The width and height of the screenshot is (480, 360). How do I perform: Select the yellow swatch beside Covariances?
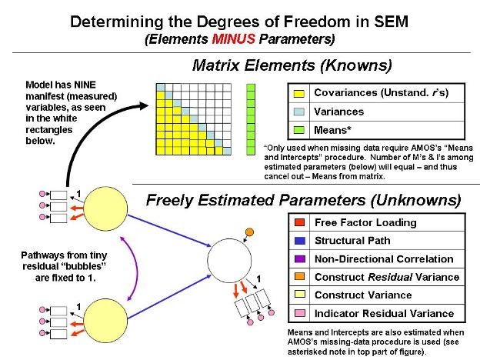tap(298, 93)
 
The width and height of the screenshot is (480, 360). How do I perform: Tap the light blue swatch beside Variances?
tap(298, 112)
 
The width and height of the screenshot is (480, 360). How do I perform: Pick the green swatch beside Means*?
tap(298, 130)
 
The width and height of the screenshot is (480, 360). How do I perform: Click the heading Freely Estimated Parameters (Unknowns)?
tap(304, 202)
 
